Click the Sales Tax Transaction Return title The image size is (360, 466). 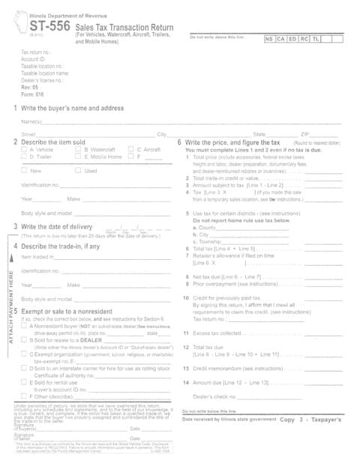tap(122, 25)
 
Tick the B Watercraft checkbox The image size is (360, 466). tap(77, 149)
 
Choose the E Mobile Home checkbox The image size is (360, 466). tap(77, 157)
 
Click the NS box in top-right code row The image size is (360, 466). tap(269, 37)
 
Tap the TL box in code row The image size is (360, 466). tap(316, 37)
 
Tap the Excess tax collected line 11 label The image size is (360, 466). tap(218, 333)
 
